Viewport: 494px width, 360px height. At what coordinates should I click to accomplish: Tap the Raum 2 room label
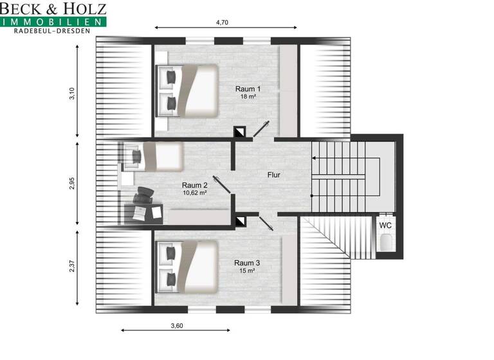click(194, 184)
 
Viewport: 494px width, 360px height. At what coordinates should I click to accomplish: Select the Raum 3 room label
click(247, 262)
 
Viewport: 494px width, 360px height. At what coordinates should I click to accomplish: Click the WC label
click(385, 226)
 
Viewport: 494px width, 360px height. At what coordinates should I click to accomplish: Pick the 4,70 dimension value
click(222, 22)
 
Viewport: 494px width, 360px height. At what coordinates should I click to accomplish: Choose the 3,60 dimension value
click(176, 325)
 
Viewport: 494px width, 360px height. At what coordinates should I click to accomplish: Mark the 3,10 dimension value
click(72, 94)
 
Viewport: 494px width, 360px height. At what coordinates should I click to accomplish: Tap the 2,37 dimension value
click(72, 265)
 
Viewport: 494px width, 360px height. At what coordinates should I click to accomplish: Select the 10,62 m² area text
click(194, 192)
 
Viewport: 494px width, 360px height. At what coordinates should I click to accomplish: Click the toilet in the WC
click(386, 243)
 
